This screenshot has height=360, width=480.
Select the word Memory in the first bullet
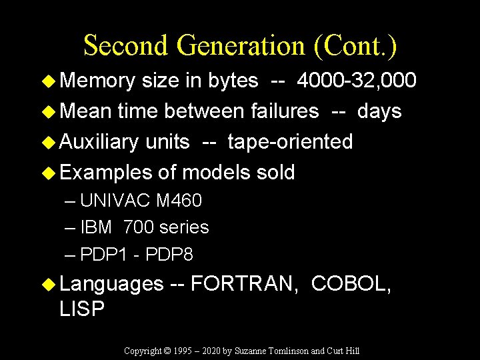click(x=97, y=81)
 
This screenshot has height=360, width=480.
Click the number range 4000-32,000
click(x=357, y=81)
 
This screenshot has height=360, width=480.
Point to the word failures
click(x=283, y=111)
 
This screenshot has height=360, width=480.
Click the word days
click(x=379, y=111)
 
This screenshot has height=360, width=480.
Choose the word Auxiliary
click(x=99, y=142)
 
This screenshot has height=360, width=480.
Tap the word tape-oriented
click(x=290, y=142)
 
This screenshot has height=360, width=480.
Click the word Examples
click(x=106, y=173)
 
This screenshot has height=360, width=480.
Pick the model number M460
click(x=179, y=201)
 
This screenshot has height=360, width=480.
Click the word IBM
click(x=96, y=228)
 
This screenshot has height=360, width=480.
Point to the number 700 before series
click(x=138, y=228)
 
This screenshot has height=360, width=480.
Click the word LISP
click(x=82, y=309)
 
